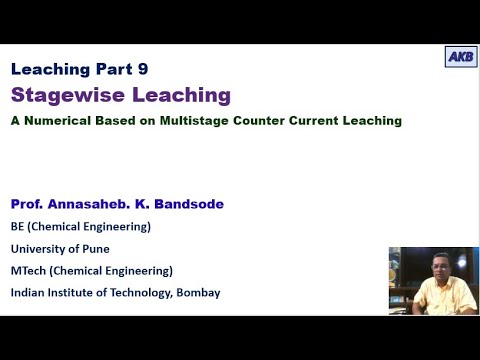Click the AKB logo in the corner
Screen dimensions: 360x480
(461, 57)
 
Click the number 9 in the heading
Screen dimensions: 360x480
(154, 69)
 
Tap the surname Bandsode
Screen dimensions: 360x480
(188, 204)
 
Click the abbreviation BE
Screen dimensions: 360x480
(18, 226)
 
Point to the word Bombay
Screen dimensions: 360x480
(196, 293)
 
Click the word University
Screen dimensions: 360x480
(39, 249)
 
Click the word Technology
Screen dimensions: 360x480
(143, 293)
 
